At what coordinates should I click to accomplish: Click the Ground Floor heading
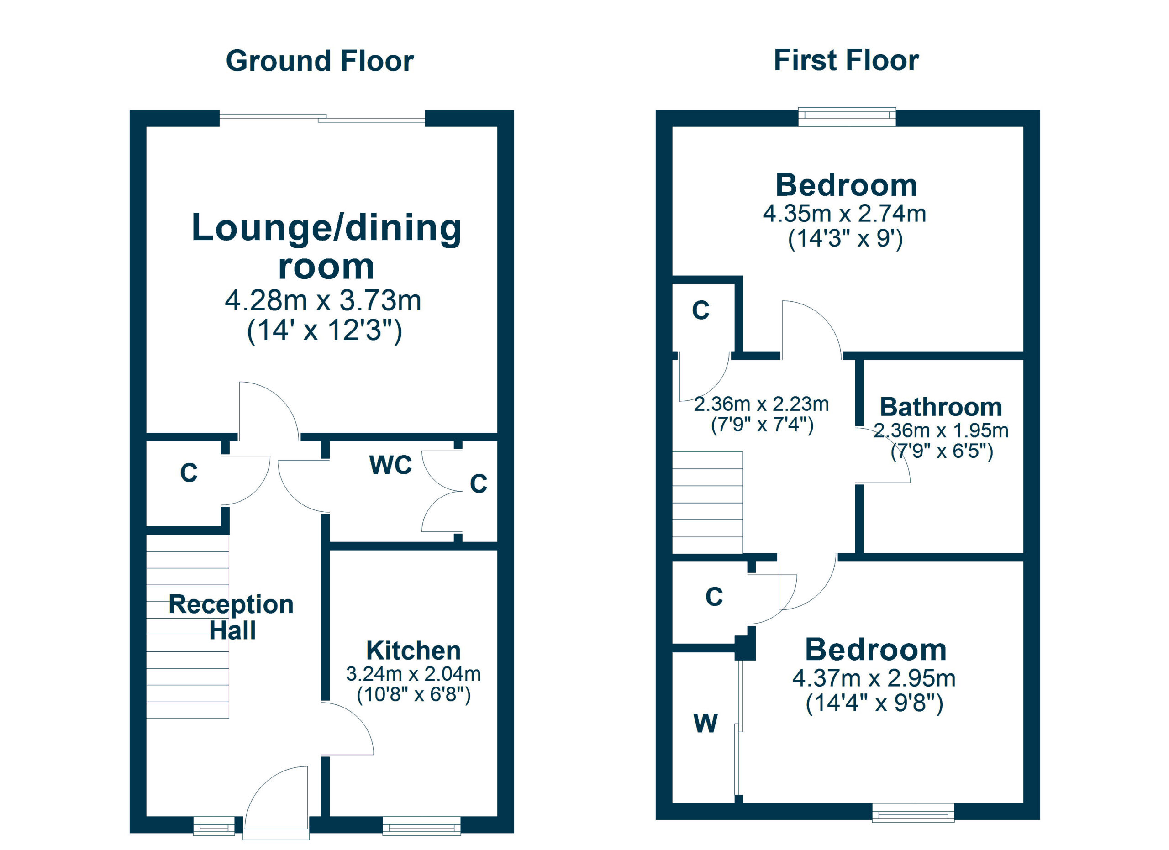pyautogui.click(x=320, y=61)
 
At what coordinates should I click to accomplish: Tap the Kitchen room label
pyautogui.click(x=413, y=650)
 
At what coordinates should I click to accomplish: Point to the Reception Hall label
pyautogui.click(x=232, y=617)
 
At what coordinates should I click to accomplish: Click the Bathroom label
pyautogui.click(x=941, y=407)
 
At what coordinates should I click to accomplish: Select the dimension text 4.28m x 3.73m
pyautogui.click(x=323, y=300)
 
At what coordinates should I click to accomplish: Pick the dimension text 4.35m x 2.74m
pyautogui.click(x=844, y=213)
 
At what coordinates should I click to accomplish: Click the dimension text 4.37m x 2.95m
pyautogui.click(x=874, y=678)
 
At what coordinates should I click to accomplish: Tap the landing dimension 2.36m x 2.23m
pyautogui.click(x=761, y=404)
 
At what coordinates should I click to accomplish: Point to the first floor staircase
pyautogui.click(x=707, y=502)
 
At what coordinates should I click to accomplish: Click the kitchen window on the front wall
pyautogui.click(x=421, y=828)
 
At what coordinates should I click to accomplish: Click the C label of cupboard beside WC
pyautogui.click(x=478, y=483)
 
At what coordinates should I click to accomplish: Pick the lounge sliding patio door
pyautogui.click(x=322, y=118)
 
